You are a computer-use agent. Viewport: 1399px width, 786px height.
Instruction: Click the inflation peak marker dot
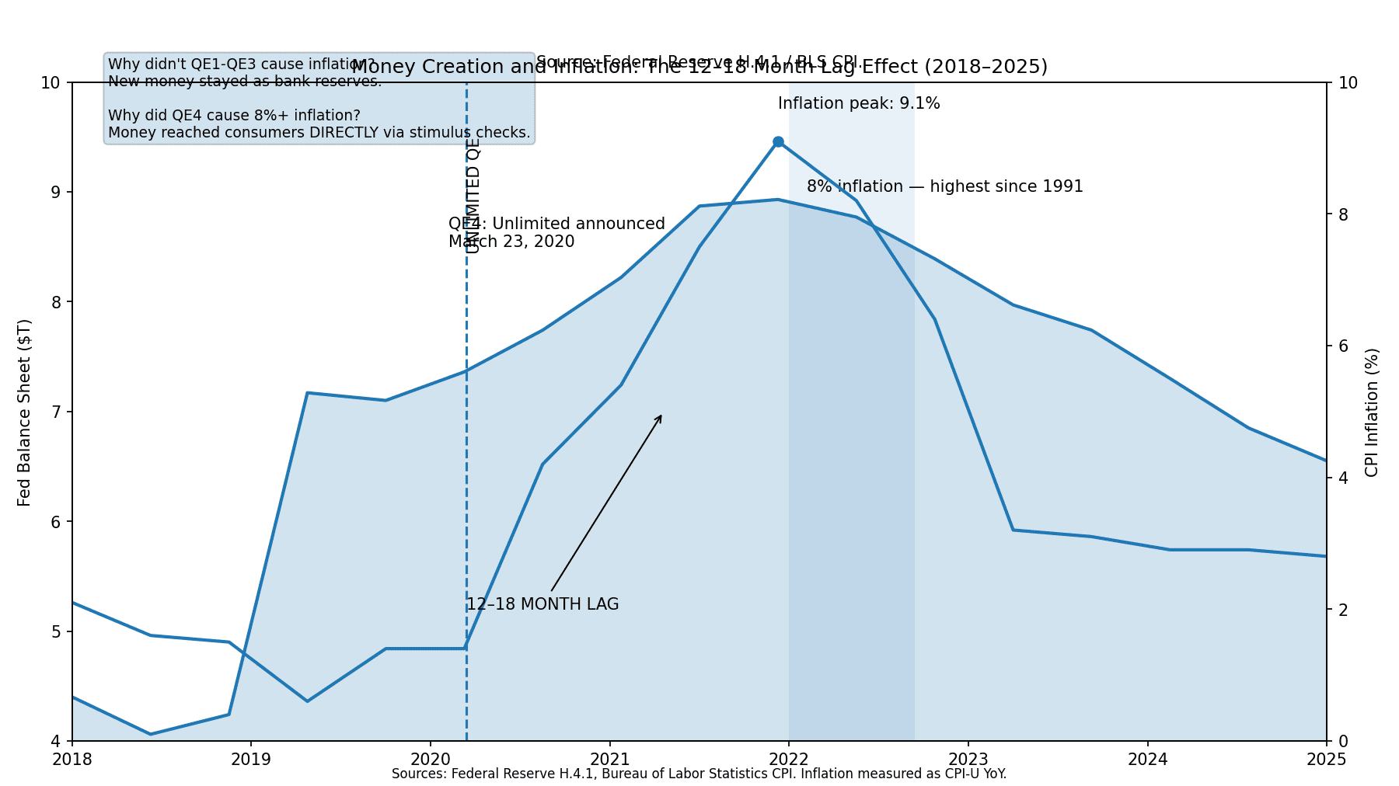[778, 142]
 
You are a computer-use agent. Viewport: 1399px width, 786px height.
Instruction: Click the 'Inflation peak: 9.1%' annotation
[858, 103]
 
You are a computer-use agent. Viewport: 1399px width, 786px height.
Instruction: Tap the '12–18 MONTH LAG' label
[543, 604]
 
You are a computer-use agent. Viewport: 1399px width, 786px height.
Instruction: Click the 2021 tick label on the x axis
[610, 759]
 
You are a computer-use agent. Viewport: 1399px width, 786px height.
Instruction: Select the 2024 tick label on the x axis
[1147, 759]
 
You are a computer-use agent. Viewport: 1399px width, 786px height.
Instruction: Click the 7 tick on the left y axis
[57, 412]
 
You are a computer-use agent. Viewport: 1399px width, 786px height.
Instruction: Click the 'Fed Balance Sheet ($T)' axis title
[25, 412]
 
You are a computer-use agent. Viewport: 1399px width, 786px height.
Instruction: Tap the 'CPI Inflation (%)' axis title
[1372, 412]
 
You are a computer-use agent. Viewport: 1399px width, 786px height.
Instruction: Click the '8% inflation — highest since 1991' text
[944, 186]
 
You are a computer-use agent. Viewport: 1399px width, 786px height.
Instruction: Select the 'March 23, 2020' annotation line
[511, 242]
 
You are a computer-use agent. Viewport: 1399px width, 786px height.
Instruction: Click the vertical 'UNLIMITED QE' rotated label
[473, 196]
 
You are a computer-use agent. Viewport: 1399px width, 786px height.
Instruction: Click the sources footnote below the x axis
[699, 774]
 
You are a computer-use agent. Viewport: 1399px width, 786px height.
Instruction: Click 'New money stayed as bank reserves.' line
[245, 82]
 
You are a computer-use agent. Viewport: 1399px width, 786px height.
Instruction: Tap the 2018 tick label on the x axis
[72, 759]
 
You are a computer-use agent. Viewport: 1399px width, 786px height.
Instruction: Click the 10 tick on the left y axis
[53, 82]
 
